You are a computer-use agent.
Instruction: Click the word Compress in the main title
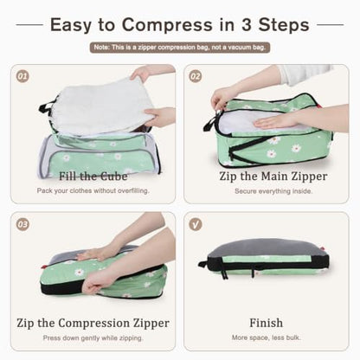pos(167,25)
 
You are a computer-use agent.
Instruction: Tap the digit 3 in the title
pos(247,24)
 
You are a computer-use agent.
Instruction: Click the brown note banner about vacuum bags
pos(180,48)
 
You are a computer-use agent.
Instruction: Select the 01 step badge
pos(22,76)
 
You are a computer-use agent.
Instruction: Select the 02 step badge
pos(196,76)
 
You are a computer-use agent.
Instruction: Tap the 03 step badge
pos(22,224)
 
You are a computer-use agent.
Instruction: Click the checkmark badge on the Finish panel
pos(196,224)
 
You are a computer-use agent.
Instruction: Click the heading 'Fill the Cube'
pos(93,177)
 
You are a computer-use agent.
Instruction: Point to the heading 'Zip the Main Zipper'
pos(273,177)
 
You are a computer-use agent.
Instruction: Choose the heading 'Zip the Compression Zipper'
pos(93,323)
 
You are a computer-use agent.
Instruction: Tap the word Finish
pos(266,323)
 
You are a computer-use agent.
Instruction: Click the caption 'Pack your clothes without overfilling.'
pos(93,190)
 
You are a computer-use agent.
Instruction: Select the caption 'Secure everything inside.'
pos(273,191)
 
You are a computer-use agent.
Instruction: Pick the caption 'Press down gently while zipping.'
pos(93,337)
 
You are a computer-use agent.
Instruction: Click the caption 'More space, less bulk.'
pos(266,337)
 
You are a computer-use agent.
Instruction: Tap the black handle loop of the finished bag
pos(202,264)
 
